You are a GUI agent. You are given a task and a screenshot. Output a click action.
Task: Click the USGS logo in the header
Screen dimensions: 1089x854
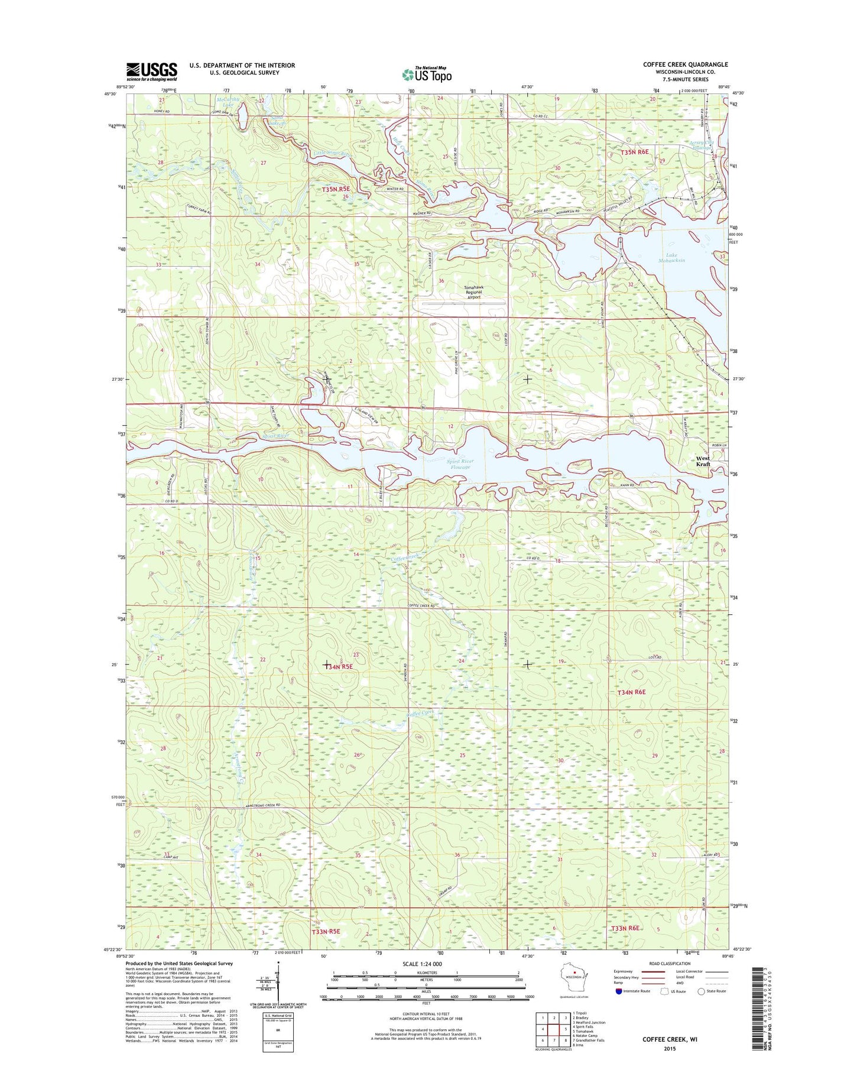click(151, 72)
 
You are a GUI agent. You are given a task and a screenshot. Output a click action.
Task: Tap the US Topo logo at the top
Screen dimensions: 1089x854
click(427, 74)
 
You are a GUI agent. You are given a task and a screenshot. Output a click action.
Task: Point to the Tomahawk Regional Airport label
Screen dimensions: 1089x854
click(473, 293)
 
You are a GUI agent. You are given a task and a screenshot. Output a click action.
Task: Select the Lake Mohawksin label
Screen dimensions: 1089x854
click(672, 258)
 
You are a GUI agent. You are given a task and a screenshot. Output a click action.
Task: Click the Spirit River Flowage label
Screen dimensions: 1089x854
click(460, 464)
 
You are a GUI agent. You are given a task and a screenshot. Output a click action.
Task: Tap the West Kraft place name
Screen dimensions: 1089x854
click(703, 461)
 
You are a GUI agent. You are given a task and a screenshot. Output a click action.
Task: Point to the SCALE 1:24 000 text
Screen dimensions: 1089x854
click(422, 964)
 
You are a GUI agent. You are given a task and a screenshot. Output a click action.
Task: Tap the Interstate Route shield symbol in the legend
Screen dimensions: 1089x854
click(619, 991)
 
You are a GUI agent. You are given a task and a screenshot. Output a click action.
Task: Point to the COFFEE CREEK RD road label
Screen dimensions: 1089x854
click(420, 606)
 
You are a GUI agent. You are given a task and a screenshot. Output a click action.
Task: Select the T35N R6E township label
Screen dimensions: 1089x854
click(634, 152)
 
